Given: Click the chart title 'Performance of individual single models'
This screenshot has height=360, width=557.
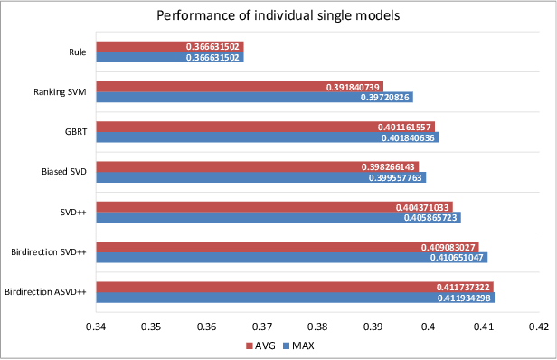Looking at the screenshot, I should click(278, 15).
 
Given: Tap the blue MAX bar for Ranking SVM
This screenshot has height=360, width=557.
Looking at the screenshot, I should click(181, 97).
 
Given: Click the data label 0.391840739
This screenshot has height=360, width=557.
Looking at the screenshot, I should click(354, 87).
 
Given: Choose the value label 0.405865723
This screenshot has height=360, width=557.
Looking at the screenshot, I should click(428, 218).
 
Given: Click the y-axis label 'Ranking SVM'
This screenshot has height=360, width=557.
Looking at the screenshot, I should click(59, 91).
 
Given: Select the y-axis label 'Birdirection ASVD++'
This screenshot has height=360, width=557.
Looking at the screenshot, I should click(45, 292).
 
